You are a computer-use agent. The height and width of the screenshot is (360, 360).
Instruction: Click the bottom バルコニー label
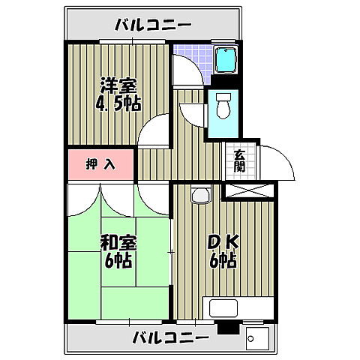tap(170, 338)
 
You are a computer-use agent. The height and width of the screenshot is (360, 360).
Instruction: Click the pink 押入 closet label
tap(100, 164)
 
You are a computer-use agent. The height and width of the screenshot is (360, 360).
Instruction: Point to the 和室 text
tap(118, 243)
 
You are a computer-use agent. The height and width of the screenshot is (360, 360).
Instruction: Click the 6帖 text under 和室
tap(118, 261)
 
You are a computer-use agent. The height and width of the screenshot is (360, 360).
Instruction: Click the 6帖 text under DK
tap(223, 261)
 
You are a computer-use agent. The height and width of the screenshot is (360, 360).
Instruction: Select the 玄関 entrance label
tap(239, 160)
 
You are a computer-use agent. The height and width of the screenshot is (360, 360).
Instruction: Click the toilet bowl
tap(223, 109)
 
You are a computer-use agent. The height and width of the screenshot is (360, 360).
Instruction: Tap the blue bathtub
tap(225, 61)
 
